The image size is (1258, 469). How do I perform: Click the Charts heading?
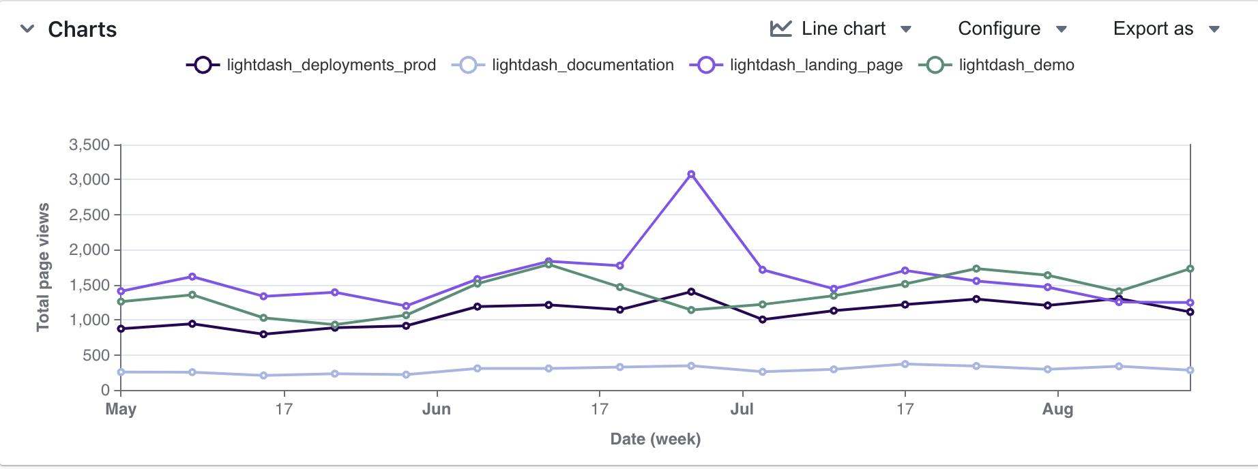[x=82, y=29]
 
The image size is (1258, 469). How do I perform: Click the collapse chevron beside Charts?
[x=27, y=29]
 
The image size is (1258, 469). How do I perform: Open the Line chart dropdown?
[x=841, y=29]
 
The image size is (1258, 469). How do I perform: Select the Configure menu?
[x=1012, y=29]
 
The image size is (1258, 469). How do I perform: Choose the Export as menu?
[x=1166, y=29]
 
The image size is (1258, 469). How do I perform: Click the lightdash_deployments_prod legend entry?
[x=311, y=65]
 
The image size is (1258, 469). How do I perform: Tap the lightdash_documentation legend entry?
[x=563, y=65]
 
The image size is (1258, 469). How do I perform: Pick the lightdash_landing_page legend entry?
[x=796, y=65]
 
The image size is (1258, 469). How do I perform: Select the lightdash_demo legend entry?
[x=997, y=65]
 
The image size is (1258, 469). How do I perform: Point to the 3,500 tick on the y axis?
[x=89, y=145]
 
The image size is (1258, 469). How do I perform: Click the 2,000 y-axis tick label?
[x=89, y=249]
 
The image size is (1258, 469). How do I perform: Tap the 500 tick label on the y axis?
[x=96, y=355]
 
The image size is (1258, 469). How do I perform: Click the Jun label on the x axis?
[x=437, y=409]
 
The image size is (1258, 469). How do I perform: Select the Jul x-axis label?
[x=742, y=409]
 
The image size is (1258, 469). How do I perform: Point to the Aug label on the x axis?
[x=1057, y=409]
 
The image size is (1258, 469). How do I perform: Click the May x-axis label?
[x=121, y=409]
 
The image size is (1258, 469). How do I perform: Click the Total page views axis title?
[x=43, y=267]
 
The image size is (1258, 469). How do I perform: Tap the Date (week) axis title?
[x=656, y=439]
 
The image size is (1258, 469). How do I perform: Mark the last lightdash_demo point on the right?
[x=1190, y=269]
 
